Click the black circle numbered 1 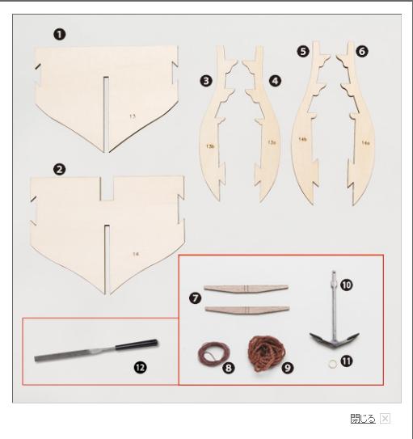click(60, 35)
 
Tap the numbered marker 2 click(59, 169)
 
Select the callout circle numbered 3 click(206, 81)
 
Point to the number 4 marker click(275, 81)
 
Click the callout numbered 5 click(303, 52)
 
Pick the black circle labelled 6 click(362, 52)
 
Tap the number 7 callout click(196, 298)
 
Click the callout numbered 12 click(140, 367)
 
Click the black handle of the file click(137, 344)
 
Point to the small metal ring click(332, 364)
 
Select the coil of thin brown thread click(213, 354)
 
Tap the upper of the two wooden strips click(246, 289)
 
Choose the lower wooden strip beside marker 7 click(247, 310)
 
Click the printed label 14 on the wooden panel click(136, 254)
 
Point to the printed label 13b click(210, 146)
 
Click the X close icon click(385, 419)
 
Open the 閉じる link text click(363, 419)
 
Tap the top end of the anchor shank click(333, 272)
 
